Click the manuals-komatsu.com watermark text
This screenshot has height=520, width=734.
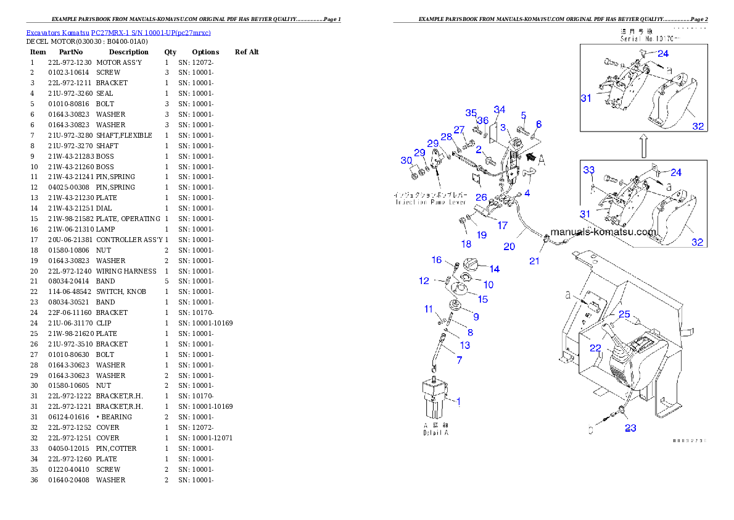603,232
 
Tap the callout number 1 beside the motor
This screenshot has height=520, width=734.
458,401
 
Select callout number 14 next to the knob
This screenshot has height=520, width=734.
494,269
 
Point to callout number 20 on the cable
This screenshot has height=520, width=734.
509,246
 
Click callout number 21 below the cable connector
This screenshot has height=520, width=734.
534,261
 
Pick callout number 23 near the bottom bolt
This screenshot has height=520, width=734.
630,428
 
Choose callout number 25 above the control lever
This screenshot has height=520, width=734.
624,314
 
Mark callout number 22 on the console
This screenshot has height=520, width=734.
595,348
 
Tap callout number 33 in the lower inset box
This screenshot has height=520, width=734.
589,170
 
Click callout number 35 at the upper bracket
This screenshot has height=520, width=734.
471,113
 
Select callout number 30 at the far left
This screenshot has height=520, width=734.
406,161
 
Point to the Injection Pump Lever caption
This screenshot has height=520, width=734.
426,198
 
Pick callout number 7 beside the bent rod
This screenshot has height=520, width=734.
458,359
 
